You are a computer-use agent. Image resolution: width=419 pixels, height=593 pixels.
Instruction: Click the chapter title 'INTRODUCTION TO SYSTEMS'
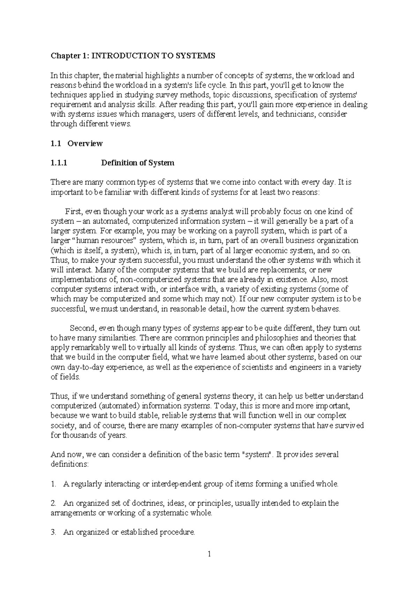pos(153,56)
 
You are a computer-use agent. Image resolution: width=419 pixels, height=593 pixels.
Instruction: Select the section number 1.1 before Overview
pos(56,144)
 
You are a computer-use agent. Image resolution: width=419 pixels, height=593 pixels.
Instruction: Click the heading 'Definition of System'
pos(137,163)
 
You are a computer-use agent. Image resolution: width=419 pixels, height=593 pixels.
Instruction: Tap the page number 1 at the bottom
pos(209,554)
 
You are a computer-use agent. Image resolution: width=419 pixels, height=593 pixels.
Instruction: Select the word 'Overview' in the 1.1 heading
pos(85,144)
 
